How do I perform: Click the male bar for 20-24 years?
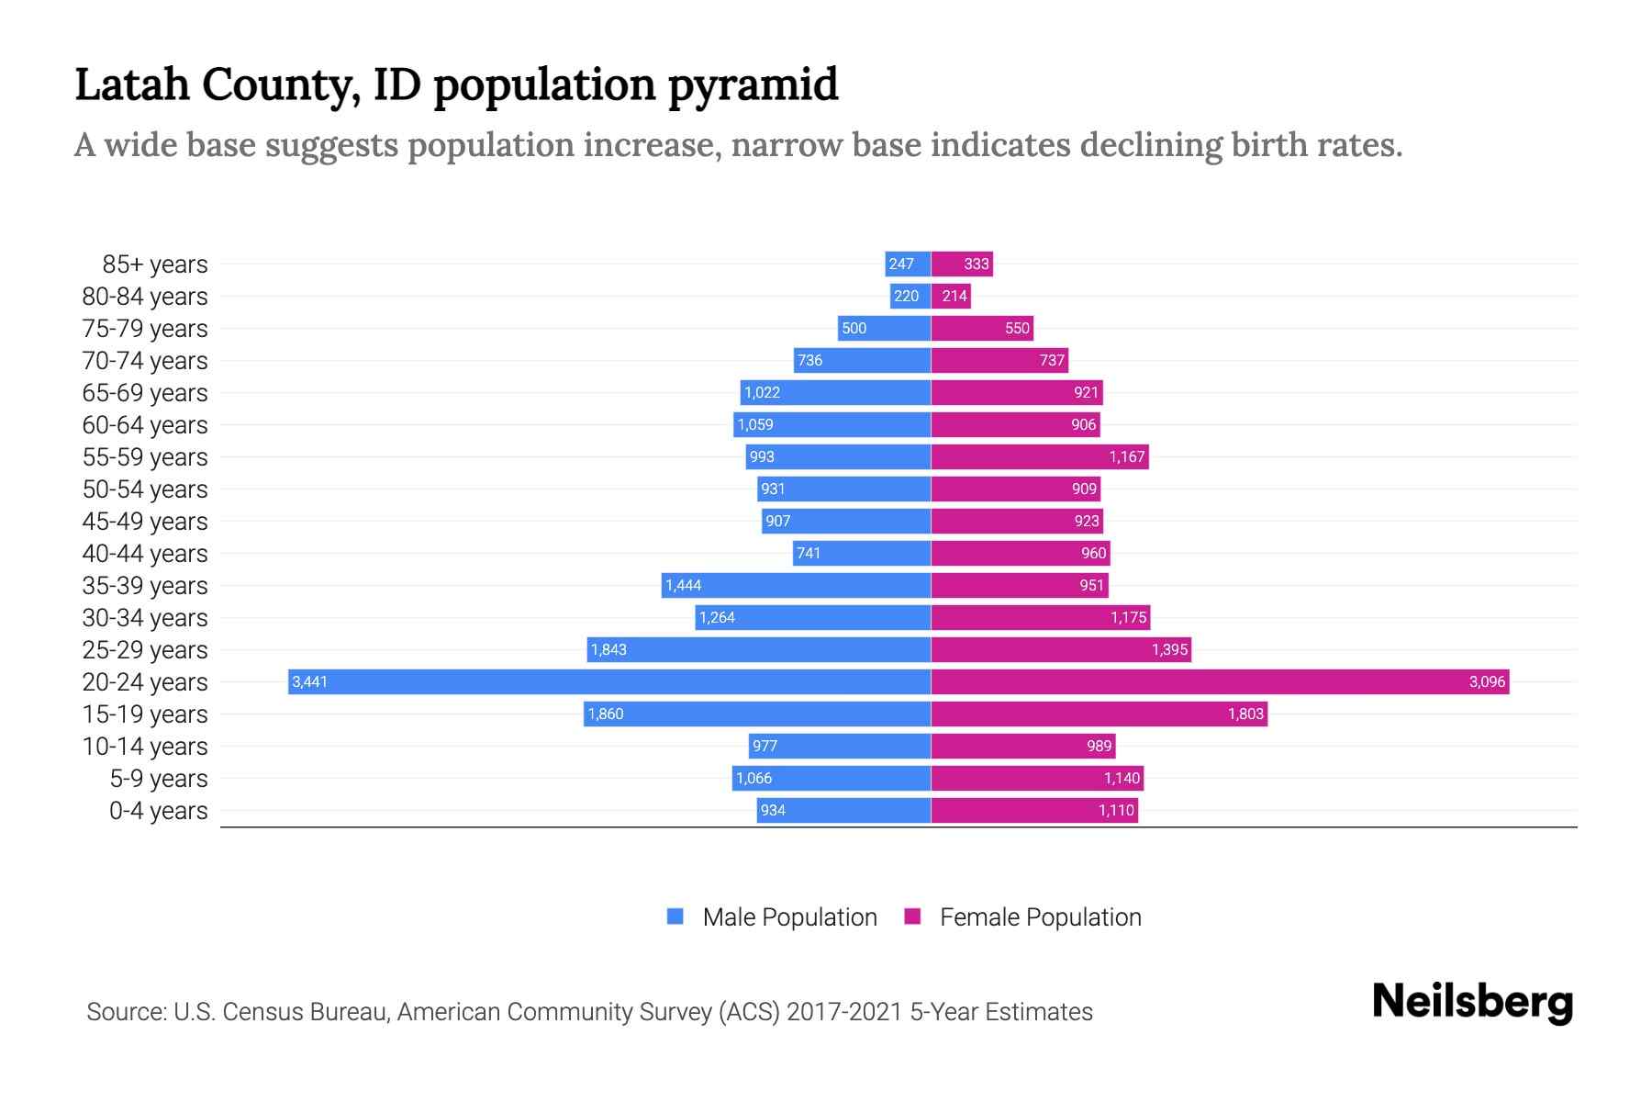[x=609, y=681]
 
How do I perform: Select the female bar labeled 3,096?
[x=1220, y=681]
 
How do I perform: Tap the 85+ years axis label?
[x=155, y=264]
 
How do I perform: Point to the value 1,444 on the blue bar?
[x=683, y=586]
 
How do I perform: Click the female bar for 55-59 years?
[x=1040, y=456]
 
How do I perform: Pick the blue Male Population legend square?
[x=675, y=916]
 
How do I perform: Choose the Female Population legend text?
[x=1040, y=916]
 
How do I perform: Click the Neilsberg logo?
[x=1472, y=1002]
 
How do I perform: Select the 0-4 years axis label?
[x=158, y=811]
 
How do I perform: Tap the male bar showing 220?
[x=910, y=296]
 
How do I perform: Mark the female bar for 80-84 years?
[x=951, y=296]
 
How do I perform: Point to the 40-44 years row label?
[x=145, y=554]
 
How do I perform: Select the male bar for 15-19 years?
[x=757, y=714]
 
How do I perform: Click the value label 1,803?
[x=1245, y=714]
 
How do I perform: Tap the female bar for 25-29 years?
[x=1061, y=649]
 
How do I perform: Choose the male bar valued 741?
[x=862, y=553]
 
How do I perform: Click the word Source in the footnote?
[x=125, y=1012]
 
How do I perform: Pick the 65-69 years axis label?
[x=145, y=393]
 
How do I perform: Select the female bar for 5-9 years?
[x=1037, y=778]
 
